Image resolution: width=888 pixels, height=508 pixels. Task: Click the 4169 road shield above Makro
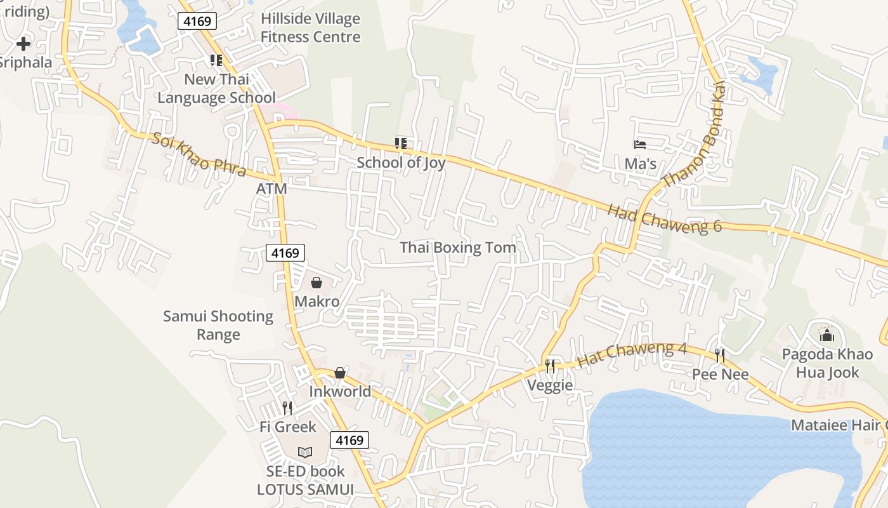click(285, 253)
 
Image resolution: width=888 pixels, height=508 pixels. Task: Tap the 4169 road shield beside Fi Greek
click(349, 440)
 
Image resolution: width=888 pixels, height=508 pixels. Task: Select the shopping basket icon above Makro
click(316, 283)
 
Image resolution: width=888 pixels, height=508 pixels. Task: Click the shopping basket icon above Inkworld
click(340, 373)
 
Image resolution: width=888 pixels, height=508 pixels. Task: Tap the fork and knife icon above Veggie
click(550, 366)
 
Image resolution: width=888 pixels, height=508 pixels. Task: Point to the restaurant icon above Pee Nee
click(720, 355)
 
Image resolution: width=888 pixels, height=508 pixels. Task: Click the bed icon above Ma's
click(640, 145)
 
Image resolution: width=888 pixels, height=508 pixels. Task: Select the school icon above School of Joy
click(400, 144)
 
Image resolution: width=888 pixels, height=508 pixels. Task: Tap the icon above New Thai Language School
click(216, 60)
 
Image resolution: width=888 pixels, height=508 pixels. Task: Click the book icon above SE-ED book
click(305, 452)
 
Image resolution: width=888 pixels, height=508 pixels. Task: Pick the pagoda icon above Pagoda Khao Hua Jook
click(826, 335)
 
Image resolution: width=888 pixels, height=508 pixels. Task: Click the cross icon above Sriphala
click(23, 44)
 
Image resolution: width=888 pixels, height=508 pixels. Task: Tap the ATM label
click(271, 189)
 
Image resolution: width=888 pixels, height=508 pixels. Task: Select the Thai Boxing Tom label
click(457, 248)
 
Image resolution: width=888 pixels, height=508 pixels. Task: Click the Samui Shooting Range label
click(218, 325)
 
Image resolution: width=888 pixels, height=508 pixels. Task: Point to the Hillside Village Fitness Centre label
click(310, 28)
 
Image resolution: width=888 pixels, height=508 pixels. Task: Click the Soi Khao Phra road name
click(199, 154)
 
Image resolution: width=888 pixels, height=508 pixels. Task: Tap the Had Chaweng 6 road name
click(665, 218)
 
